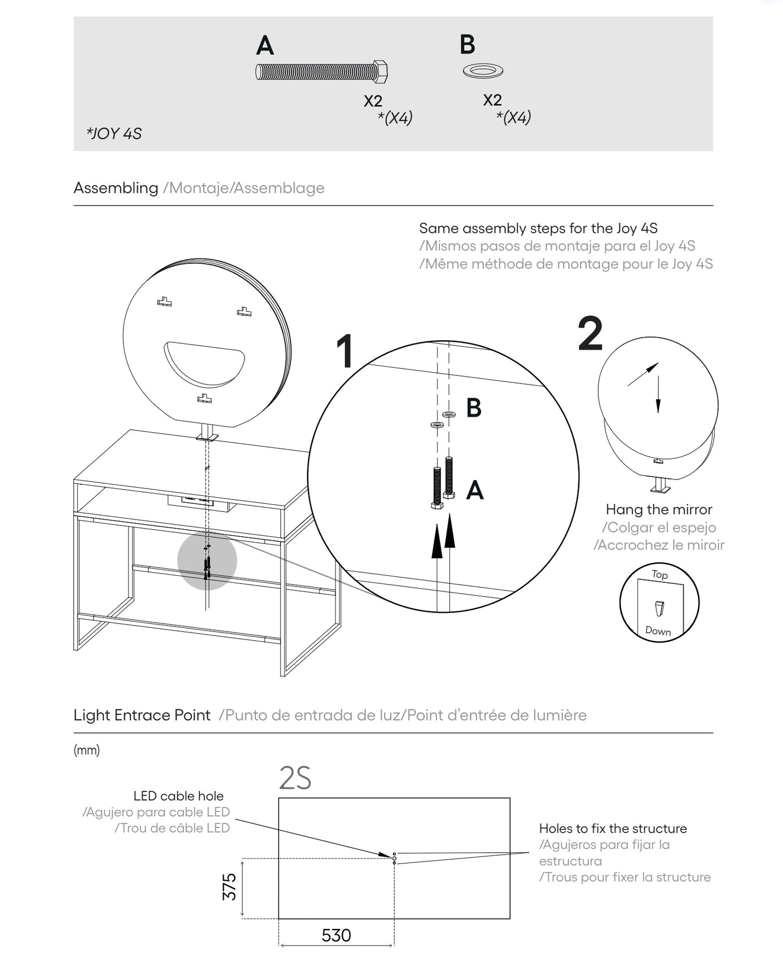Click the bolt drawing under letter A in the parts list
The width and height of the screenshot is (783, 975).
(321, 71)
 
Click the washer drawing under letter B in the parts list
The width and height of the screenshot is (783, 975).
(483, 70)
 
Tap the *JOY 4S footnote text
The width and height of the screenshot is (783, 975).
(114, 134)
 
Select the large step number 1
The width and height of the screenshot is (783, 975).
(345, 351)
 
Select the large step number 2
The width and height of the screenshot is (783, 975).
(590, 334)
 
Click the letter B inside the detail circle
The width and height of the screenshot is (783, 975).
(474, 408)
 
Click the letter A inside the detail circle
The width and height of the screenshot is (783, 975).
(475, 490)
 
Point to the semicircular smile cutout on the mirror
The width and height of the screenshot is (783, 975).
(204, 362)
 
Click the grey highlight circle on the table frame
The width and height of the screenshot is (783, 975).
(207, 561)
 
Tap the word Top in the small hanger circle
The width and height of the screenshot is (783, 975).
(660, 574)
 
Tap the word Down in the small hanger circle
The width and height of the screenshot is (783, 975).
(658, 630)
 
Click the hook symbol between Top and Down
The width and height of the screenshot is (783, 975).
(659, 608)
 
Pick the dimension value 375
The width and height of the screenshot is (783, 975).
(230, 887)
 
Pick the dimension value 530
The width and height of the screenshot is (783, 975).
(336, 935)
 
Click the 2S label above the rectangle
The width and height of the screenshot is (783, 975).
(295, 779)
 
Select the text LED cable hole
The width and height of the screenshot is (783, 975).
(178, 796)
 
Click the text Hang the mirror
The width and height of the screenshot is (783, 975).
(658, 509)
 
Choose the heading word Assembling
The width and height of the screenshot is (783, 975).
(116, 188)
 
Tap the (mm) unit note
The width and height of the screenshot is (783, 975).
(87, 750)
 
